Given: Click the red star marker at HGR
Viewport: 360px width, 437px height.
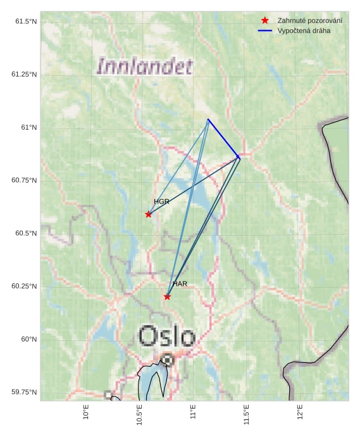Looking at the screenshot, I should coord(149,214).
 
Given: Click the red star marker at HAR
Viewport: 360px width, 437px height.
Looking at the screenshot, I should coord(167,297).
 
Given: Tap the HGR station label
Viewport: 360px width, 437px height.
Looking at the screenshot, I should coord(161,202).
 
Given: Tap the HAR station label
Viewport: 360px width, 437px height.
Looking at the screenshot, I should coord(180,284).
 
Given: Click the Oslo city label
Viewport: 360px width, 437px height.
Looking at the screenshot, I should coord(166,336).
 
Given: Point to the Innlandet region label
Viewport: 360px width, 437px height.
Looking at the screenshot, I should coord(144,66).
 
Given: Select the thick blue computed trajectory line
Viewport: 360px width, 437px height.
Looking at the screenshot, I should coord(223,138).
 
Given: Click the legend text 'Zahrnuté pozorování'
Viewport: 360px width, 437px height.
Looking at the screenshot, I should coord(310,21).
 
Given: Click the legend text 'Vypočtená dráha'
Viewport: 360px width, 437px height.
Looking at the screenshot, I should coord(304,31).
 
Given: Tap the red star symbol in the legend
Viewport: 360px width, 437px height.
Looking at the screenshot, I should coord(265,21).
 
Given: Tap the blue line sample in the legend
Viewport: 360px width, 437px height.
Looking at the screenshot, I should coord(265,31).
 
